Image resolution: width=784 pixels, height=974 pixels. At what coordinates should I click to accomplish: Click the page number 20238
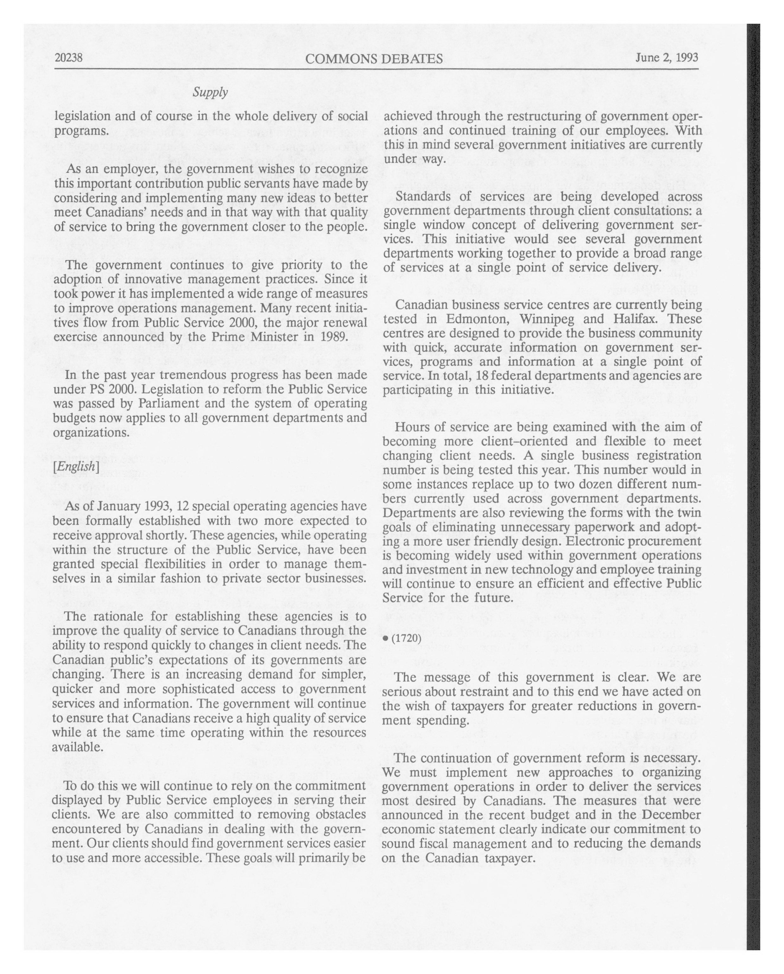click(x=68, y=58)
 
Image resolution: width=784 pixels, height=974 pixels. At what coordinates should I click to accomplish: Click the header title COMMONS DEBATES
click(x=374, y=59)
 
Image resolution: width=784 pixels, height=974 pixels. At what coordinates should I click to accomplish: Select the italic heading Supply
click(x=210, y=92)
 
